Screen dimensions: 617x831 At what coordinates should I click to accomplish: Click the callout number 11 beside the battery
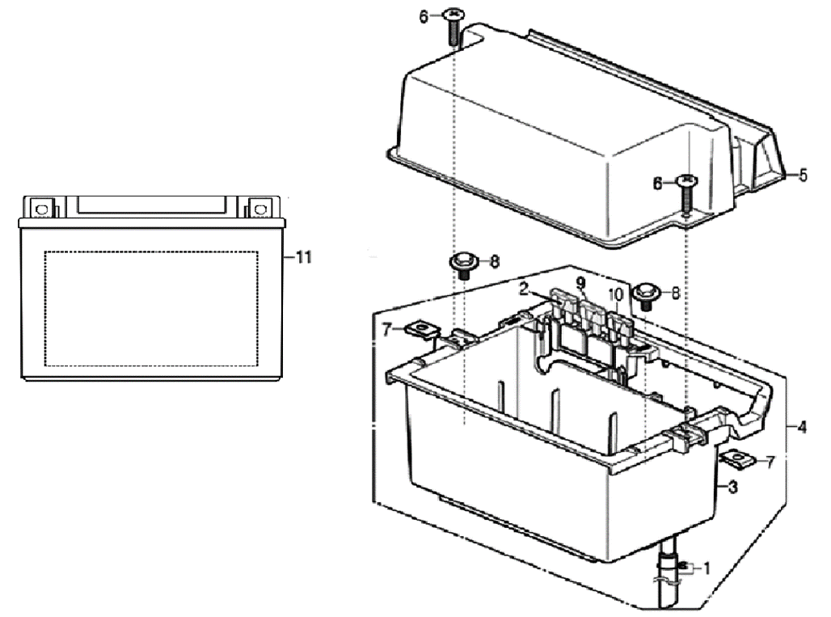303,257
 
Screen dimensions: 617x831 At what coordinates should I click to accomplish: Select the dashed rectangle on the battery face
151,307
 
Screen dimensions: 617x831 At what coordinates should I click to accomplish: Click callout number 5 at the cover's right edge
803,174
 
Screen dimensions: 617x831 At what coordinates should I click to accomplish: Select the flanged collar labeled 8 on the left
463,264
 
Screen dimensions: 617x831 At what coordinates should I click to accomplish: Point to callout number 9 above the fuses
580,282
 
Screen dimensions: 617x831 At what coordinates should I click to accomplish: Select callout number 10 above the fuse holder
617,294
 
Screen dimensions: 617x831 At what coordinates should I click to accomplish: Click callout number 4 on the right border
801,426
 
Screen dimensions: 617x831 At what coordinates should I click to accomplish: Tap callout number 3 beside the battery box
732,487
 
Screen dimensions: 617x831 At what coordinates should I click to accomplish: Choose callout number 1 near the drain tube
706,568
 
